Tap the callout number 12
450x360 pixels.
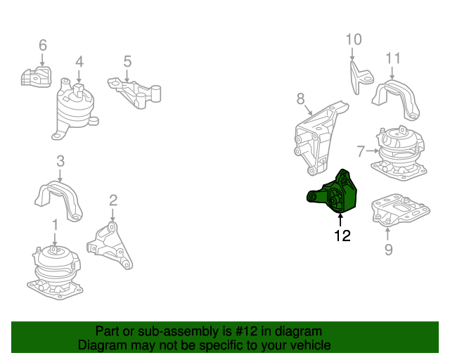[342, 236]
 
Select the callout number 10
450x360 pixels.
[353, 39]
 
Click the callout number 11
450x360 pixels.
[392, 58]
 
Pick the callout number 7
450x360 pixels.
[361, 150]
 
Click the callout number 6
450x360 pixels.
[42, 46]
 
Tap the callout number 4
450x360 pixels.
[79, 61]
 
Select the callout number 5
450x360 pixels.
[127, 62]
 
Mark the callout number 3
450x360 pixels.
[60, 161]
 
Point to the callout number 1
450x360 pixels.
[54, 224]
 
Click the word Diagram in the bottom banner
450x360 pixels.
[103, 345]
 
